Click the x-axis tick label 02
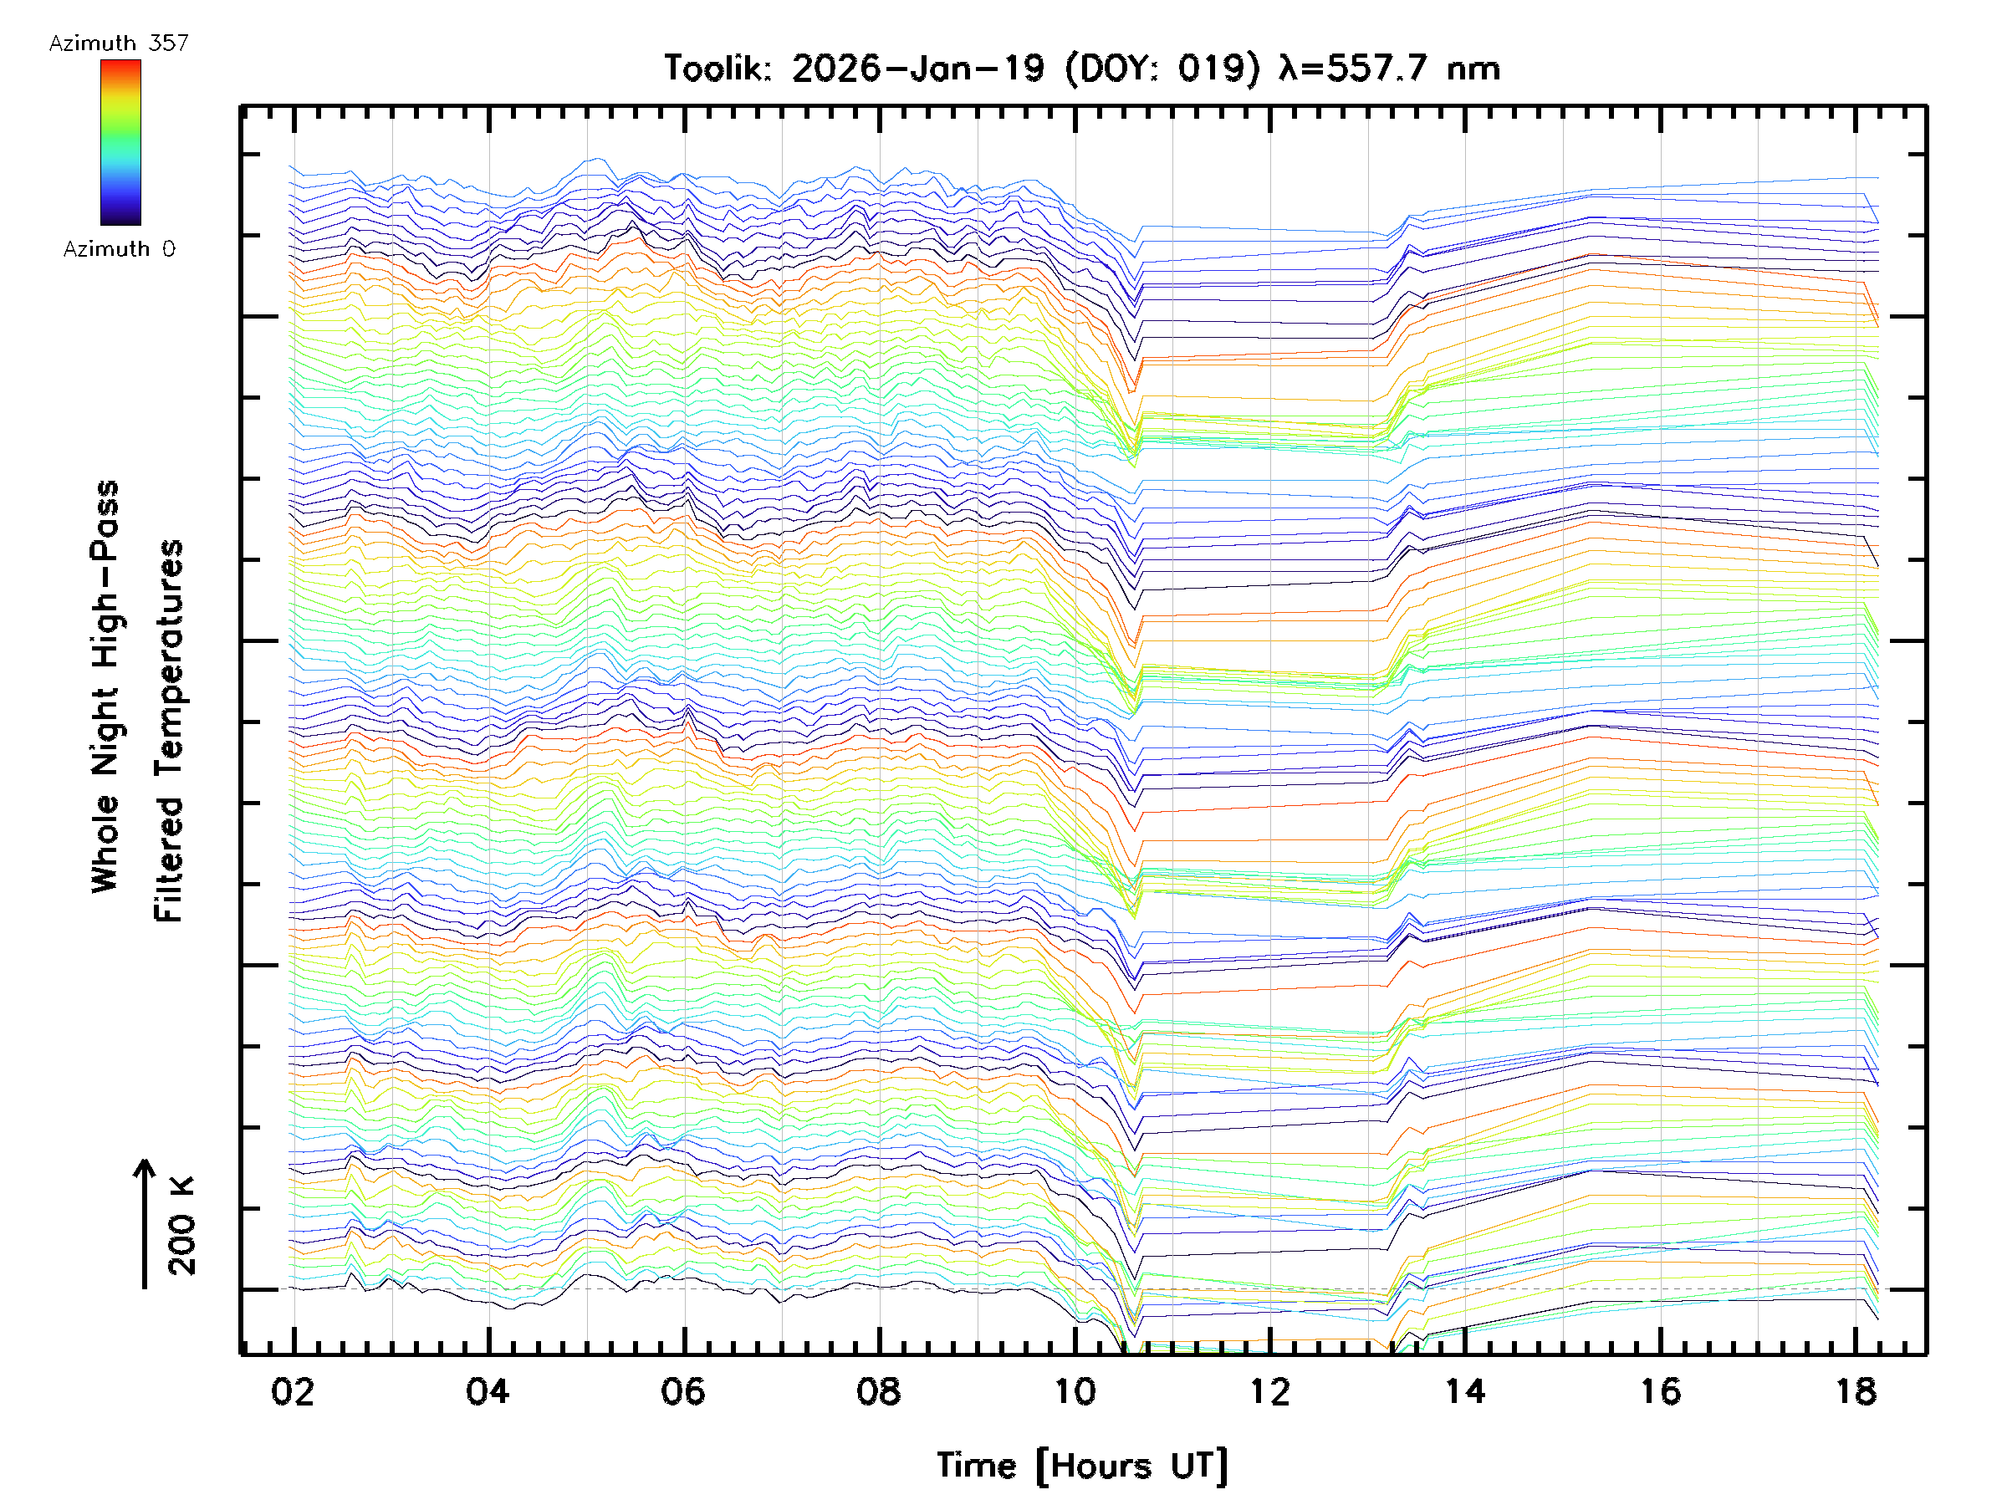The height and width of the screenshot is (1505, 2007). pos(292,1391)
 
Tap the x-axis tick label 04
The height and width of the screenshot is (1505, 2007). pos(488,1391)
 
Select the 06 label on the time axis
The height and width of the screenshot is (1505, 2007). pos(683,1391)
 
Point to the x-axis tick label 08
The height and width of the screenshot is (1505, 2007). pos(878,1391)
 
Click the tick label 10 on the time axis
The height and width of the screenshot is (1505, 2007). pos(1075,1391)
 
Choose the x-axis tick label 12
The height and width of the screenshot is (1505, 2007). pos(1269,1391)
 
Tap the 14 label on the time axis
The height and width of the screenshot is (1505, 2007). pos(1464,1391)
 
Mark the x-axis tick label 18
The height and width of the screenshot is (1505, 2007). pos(1856,1391)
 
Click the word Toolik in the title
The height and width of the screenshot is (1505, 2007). pos(718,69)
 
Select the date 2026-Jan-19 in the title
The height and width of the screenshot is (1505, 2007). pos(917,69)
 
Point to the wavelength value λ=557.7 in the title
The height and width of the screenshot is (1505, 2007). pos(1352,69)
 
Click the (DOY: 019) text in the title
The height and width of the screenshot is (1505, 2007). pos(1162,69)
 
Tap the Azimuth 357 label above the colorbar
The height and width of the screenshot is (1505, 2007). pos(119,43)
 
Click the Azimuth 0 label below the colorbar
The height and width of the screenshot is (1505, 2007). pos(119,248)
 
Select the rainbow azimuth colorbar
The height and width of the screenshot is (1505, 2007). pos(120,142)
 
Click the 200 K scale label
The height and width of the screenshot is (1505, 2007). pos(182,1226)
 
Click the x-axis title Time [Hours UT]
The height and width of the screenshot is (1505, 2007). pos(1082,1466)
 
